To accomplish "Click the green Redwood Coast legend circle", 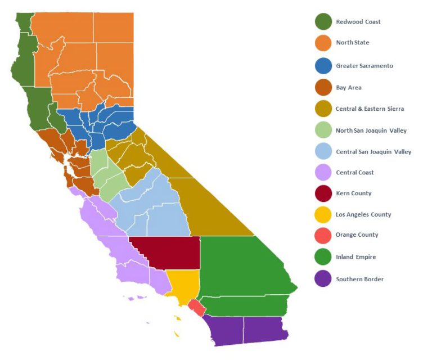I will coord(323,22).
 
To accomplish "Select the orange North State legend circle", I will coord(323,43).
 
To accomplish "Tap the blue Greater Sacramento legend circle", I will coord(323,66).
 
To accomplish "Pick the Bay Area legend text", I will coord(349,88).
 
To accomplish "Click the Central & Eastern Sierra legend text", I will coord(370,109).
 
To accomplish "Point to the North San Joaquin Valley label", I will coord(371,130).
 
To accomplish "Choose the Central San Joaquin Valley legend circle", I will coord(323,152).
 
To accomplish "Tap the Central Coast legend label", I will coord(354,173).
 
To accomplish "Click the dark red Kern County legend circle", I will coord(323,193).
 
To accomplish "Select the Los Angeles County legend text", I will coord(363,214).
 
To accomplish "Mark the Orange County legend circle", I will coord(323,235).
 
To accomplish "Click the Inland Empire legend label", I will coord(355,257).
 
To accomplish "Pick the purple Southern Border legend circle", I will coord(323,279).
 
